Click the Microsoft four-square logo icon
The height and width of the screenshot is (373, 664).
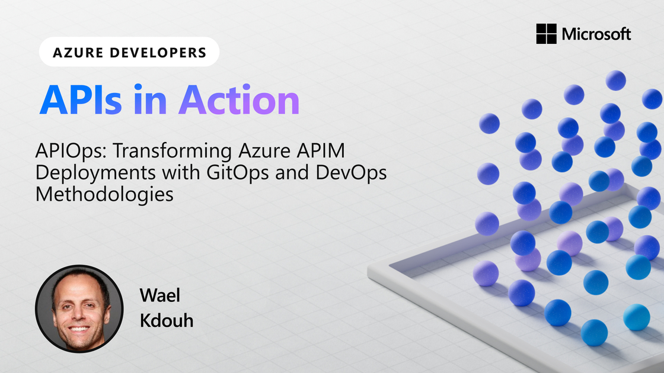point(546,33)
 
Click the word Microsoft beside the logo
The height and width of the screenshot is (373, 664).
point(596,34)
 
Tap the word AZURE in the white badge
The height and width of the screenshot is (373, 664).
point(78,53)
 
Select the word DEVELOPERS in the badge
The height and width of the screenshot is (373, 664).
point(158,53)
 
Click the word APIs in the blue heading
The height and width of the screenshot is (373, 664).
point(81,100)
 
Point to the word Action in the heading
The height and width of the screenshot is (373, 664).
point(240,100)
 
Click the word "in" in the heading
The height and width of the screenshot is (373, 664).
point(150,100)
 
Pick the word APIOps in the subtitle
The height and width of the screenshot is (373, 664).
point(71,151)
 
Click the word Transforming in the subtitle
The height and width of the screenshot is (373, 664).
point(173,151)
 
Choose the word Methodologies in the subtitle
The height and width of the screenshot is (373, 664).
point(104,195)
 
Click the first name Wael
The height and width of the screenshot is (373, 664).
point(160,295)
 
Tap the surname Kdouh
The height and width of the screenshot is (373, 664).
point(167,320)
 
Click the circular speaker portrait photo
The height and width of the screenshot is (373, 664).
point(79,308)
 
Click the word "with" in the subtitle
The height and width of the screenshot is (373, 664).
point(181,172)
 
